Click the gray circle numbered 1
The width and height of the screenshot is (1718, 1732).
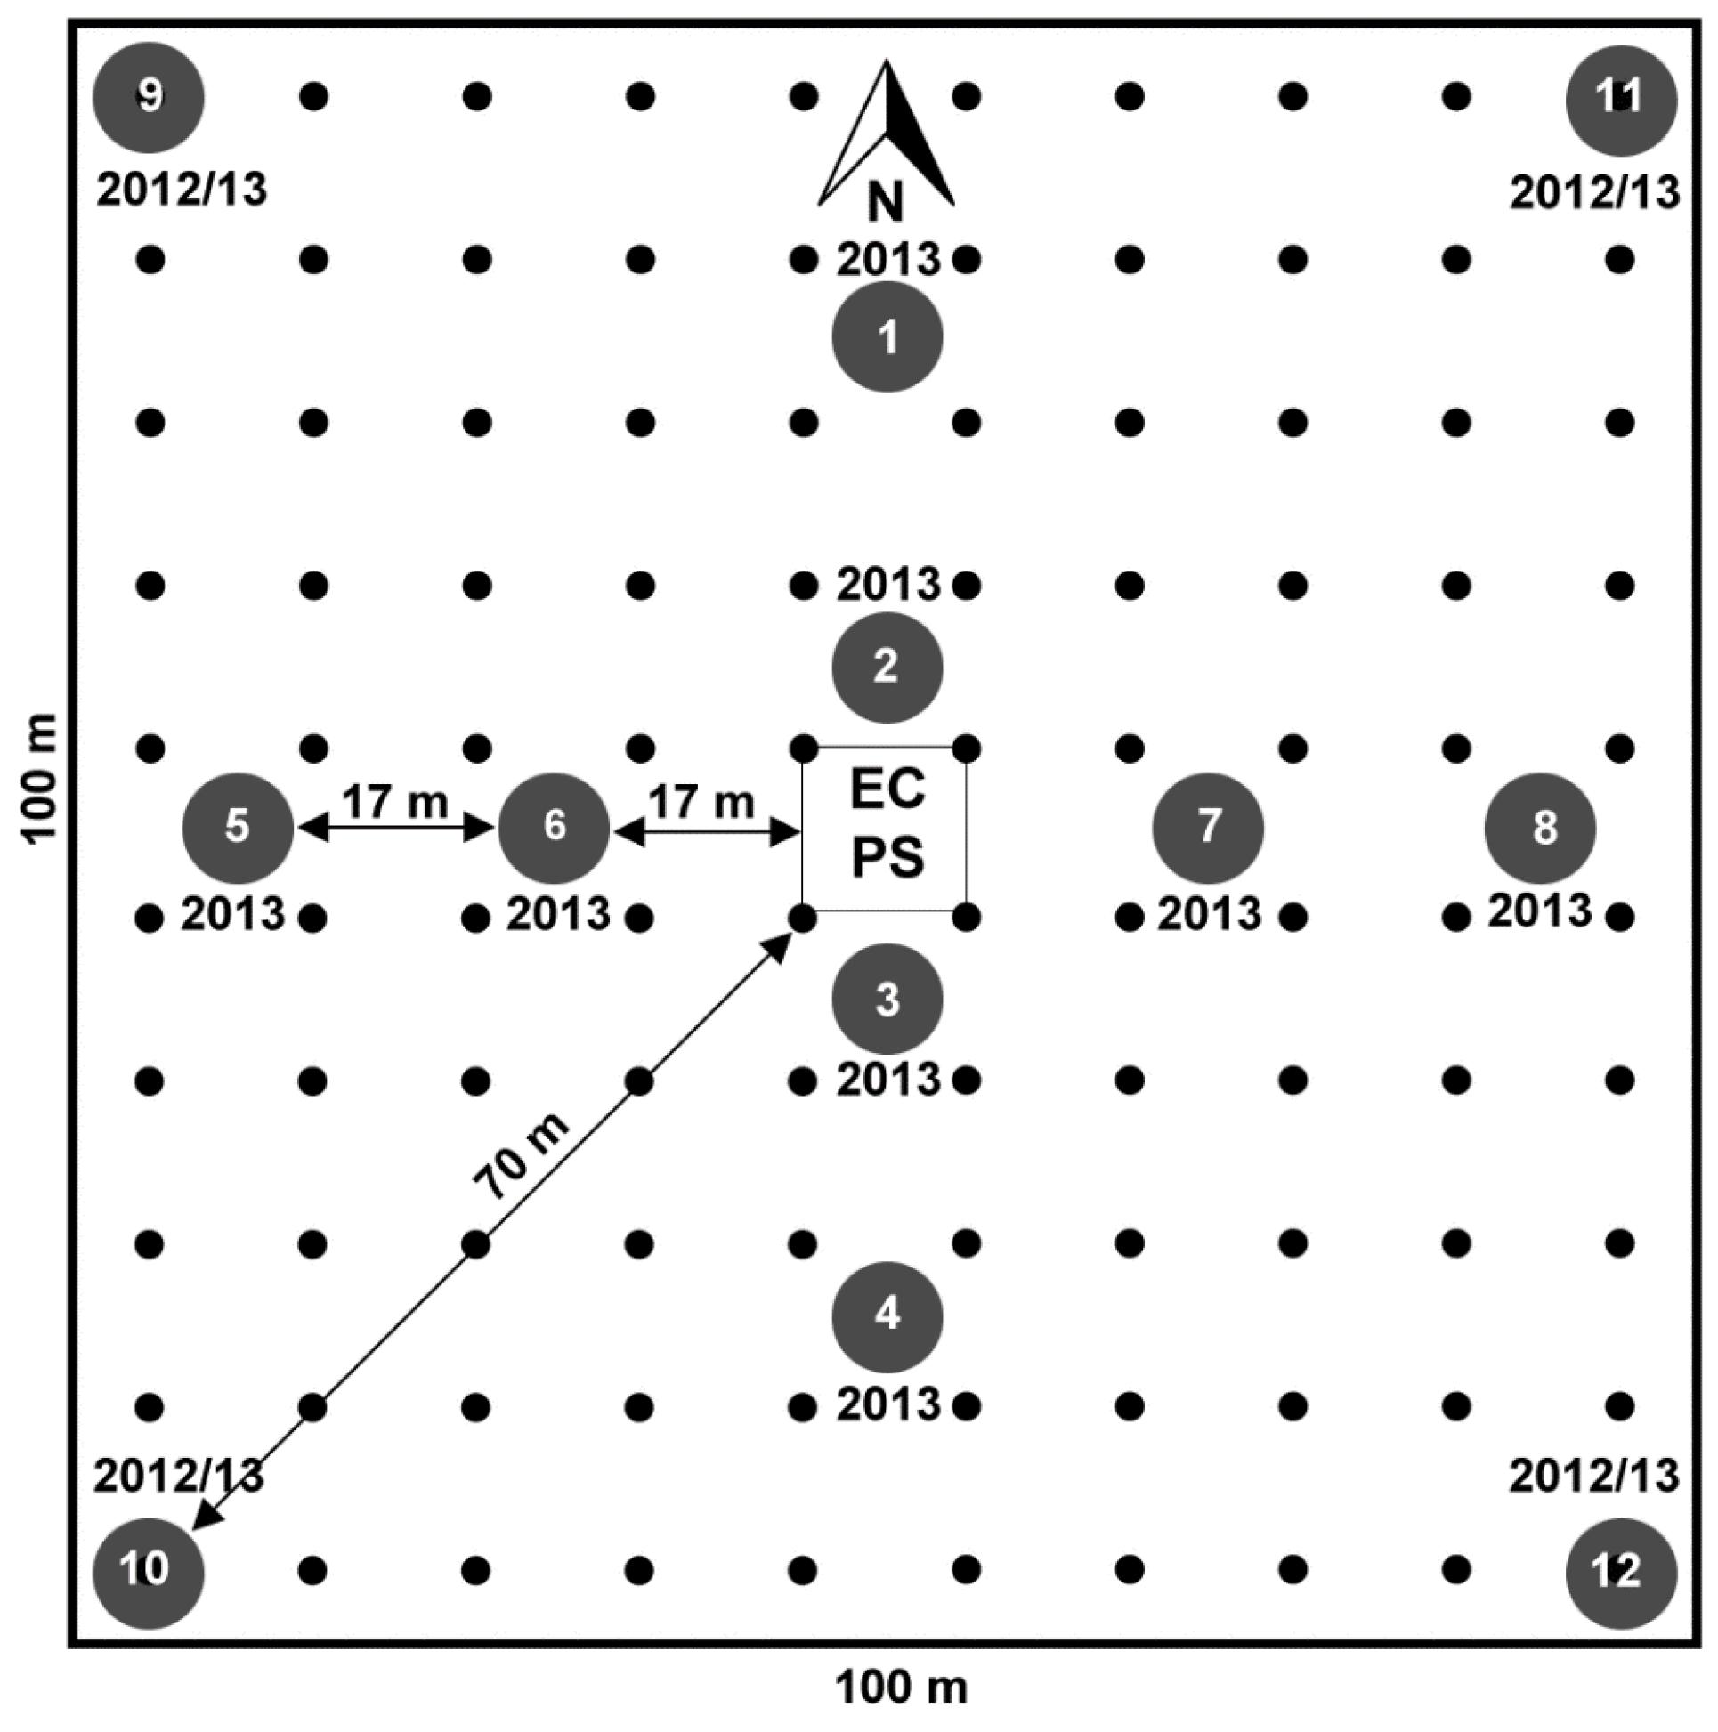pos(887,337)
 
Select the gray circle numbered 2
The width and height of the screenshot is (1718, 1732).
pos(887,667)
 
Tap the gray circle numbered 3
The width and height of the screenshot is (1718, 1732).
pos(887,998)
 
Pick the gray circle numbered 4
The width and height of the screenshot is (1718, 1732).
pos(887,1316)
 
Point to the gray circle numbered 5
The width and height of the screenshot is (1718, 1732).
pos(238,828)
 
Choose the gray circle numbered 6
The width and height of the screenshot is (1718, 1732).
pos(555,828)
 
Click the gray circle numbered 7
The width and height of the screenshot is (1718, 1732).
pos(1208,828)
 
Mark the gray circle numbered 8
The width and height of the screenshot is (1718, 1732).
pos(1541,828)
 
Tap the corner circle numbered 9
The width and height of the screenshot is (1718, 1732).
pos(149,97)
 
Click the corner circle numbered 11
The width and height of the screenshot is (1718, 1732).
pos(1621,100)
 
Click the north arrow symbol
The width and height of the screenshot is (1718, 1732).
pos(886,134)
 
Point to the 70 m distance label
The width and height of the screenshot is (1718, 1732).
pos(521,1156)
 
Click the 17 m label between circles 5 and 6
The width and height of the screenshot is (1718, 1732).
pos(394,800)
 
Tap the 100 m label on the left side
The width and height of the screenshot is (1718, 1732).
pos(40,777)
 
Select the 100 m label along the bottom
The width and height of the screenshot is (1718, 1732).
pos(901,1687)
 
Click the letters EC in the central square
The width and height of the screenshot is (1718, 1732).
pos(887,789)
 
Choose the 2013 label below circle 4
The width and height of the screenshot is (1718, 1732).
pos(888,1404)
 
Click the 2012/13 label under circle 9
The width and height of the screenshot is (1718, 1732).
pos(182,190)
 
